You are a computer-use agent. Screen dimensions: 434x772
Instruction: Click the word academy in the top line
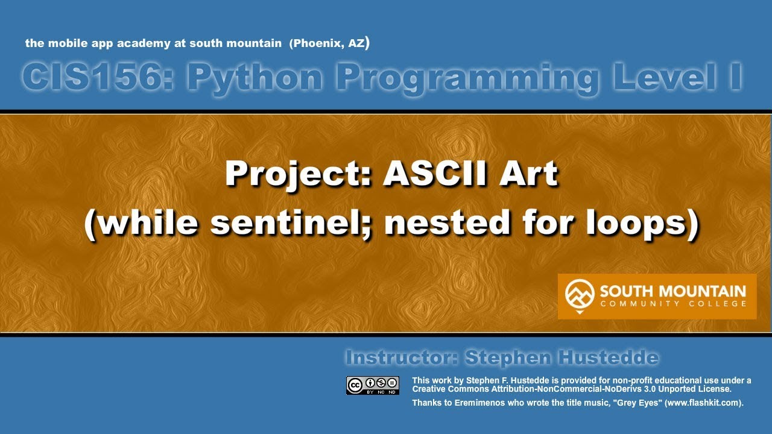(138, 43)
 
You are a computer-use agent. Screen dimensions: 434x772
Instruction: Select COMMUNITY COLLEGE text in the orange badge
(672, 304)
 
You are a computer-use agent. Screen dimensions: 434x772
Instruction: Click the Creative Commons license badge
(372, 385)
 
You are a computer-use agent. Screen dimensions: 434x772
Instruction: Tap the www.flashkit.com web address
(701, 403)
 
